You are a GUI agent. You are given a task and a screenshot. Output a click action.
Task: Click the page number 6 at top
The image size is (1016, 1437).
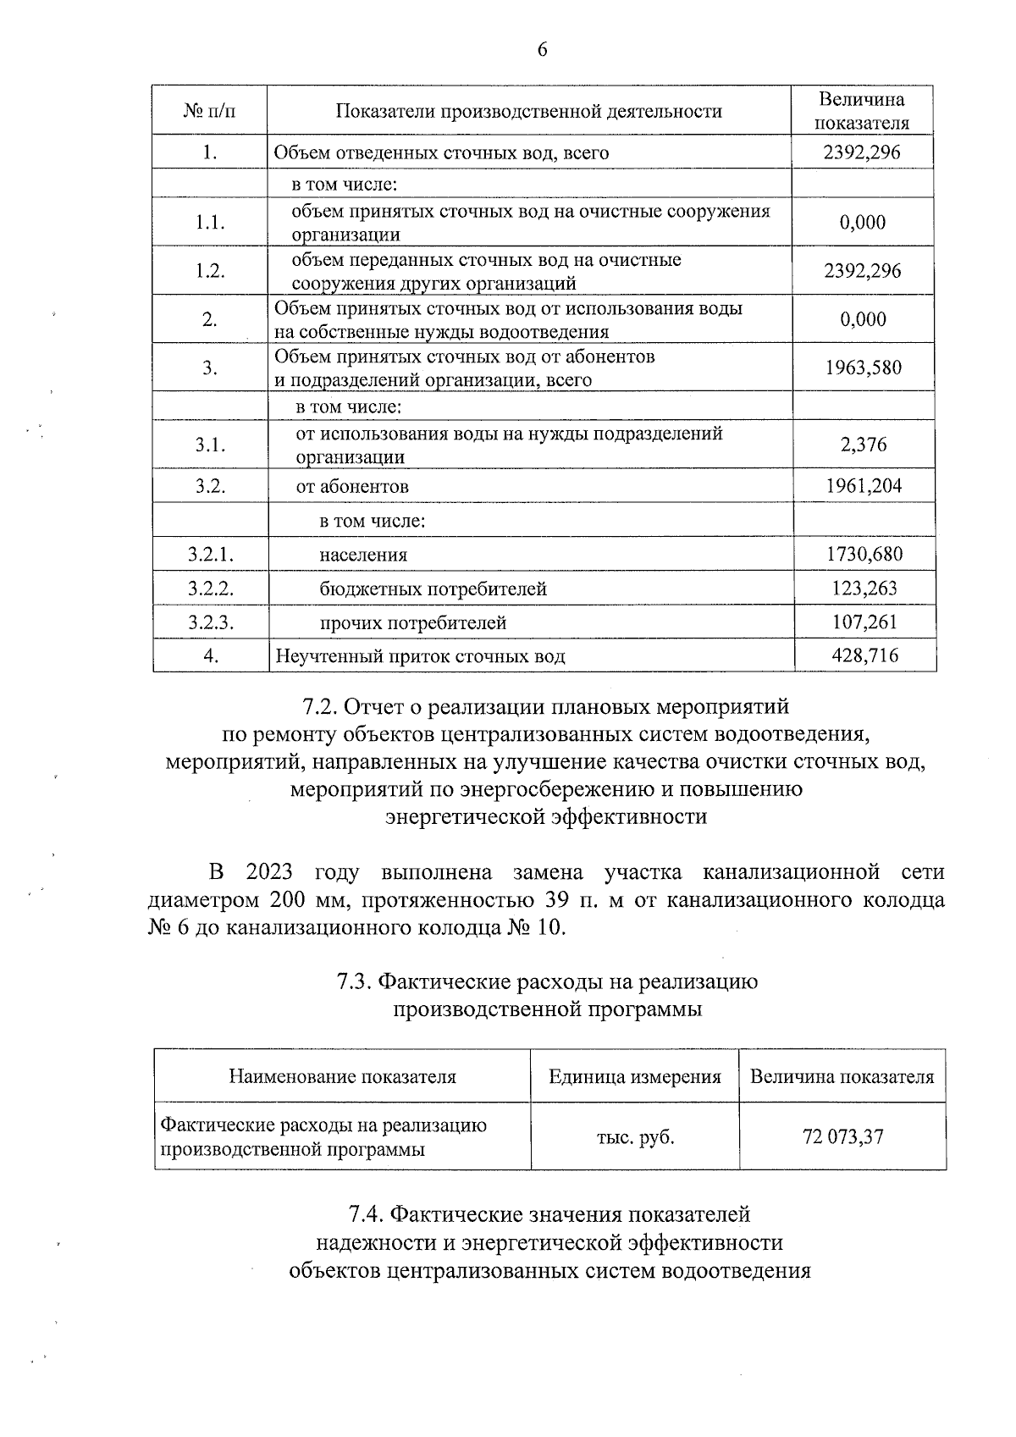coord(542,51)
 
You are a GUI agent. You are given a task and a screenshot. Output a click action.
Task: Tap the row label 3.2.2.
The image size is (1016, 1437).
coord(210,589)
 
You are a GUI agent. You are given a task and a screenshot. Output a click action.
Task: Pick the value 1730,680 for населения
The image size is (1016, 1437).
coord(864,555)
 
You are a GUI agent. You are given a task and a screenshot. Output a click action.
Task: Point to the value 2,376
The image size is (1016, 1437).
coord(864,445)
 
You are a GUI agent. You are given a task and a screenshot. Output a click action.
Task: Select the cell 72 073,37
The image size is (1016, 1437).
coord(842,1136)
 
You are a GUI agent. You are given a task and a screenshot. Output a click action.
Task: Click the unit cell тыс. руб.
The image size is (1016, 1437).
coord(635,1136)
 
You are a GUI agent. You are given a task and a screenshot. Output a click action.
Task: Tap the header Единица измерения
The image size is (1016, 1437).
coord(635,1077)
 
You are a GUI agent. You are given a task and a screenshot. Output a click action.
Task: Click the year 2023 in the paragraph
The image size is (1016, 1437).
coord(269,872)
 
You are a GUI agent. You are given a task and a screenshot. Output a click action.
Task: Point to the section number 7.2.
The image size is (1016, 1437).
coord(320,706)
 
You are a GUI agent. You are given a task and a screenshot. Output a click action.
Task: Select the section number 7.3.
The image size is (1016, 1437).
coord(355,982)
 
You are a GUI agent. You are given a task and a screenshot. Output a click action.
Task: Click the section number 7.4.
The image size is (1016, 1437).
coord(367,1215)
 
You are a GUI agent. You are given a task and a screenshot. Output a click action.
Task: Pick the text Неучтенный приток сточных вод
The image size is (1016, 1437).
coord(420,656)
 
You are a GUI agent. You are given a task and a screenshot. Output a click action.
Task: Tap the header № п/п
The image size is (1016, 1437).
coord(209,111)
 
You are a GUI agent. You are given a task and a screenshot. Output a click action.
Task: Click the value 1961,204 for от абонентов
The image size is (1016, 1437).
coord(864,486)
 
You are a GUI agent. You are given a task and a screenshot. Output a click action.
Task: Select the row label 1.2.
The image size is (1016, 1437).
coord(210,271)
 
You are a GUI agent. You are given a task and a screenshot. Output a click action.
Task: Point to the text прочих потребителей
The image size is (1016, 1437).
coord(412,623)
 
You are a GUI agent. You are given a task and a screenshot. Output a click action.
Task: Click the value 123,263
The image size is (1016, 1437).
coord(864,589)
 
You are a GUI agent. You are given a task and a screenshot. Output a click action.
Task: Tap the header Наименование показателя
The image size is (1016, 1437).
coord(342,1077)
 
